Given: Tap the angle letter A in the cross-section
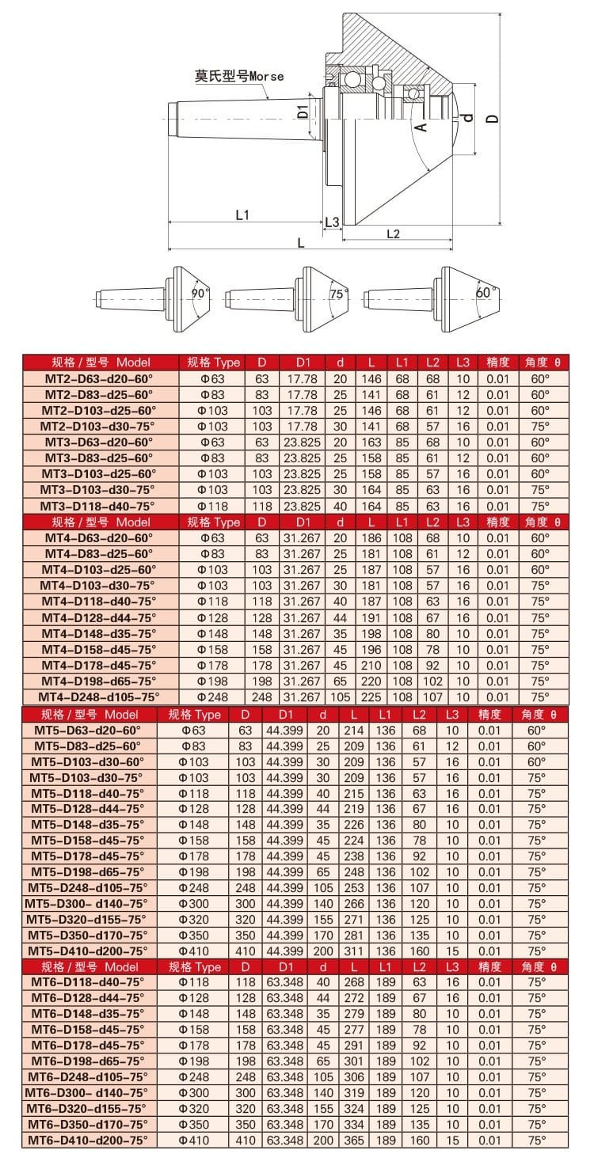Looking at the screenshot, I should pyautogui.click(x=421, y=125).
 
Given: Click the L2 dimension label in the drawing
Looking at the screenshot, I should pyautogui.click(x=393, y=233).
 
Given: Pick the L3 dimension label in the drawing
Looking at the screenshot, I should pyautogui.click(x=333, y=221).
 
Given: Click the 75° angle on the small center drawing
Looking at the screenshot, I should pyautogui.click(x=337, y=294).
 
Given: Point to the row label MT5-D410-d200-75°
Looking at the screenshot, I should pyautogui.click(x=88, y=951).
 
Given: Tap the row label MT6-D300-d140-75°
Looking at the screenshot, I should pyautogui.click(x=88, y=1092).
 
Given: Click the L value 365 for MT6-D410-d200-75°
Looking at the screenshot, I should pyautogui.click(x=354, y=1140).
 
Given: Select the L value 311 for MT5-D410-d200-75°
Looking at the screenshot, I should pyautogui.click(x=354, y=951).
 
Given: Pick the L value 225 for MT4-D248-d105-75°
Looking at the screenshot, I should pyautogui.click(x=371, y=697).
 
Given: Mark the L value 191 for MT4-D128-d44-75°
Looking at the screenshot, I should pyautogui.click(x=371, y=617).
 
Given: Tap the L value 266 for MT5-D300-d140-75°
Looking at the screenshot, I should pyautogui.click(x=354, y=903).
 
